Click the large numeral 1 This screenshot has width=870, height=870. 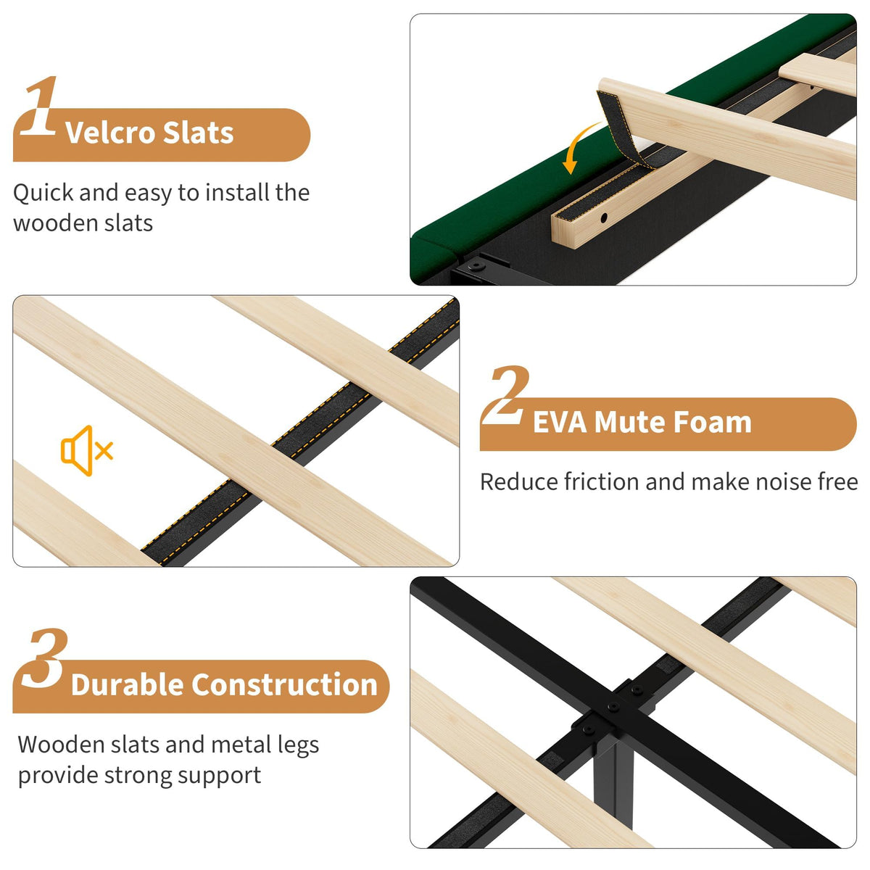point(41,106)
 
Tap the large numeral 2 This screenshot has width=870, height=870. point(505,396)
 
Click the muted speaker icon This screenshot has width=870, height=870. point(87,450)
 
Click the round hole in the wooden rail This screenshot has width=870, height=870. point(604,218)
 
